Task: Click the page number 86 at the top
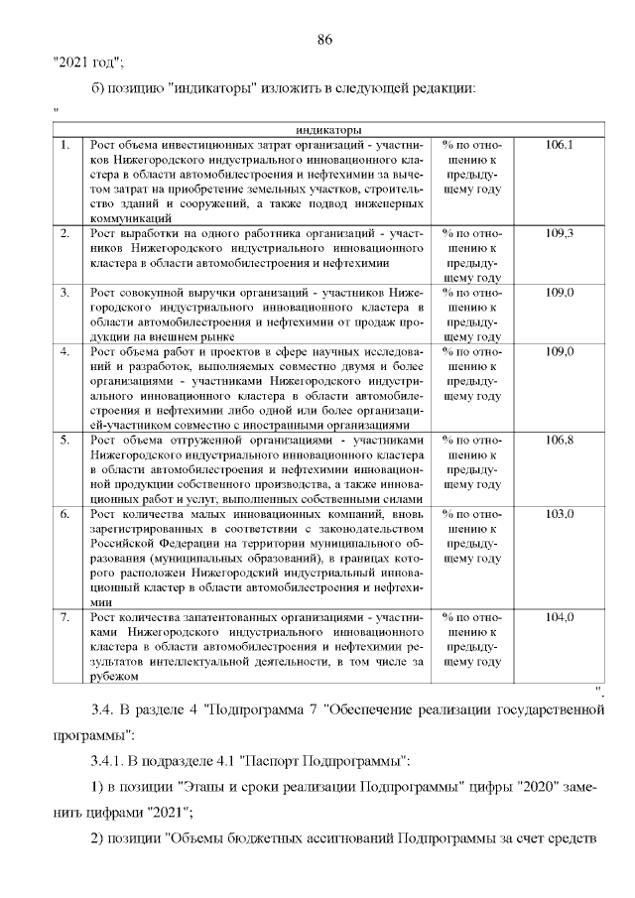coord(323,40)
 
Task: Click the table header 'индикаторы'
coord(327,130)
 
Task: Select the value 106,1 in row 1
coord(560,145)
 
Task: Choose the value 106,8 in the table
coord(560,440)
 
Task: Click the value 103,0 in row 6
coord(560,513)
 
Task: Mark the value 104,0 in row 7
coord(560,616)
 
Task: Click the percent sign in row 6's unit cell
coord(447,513)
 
